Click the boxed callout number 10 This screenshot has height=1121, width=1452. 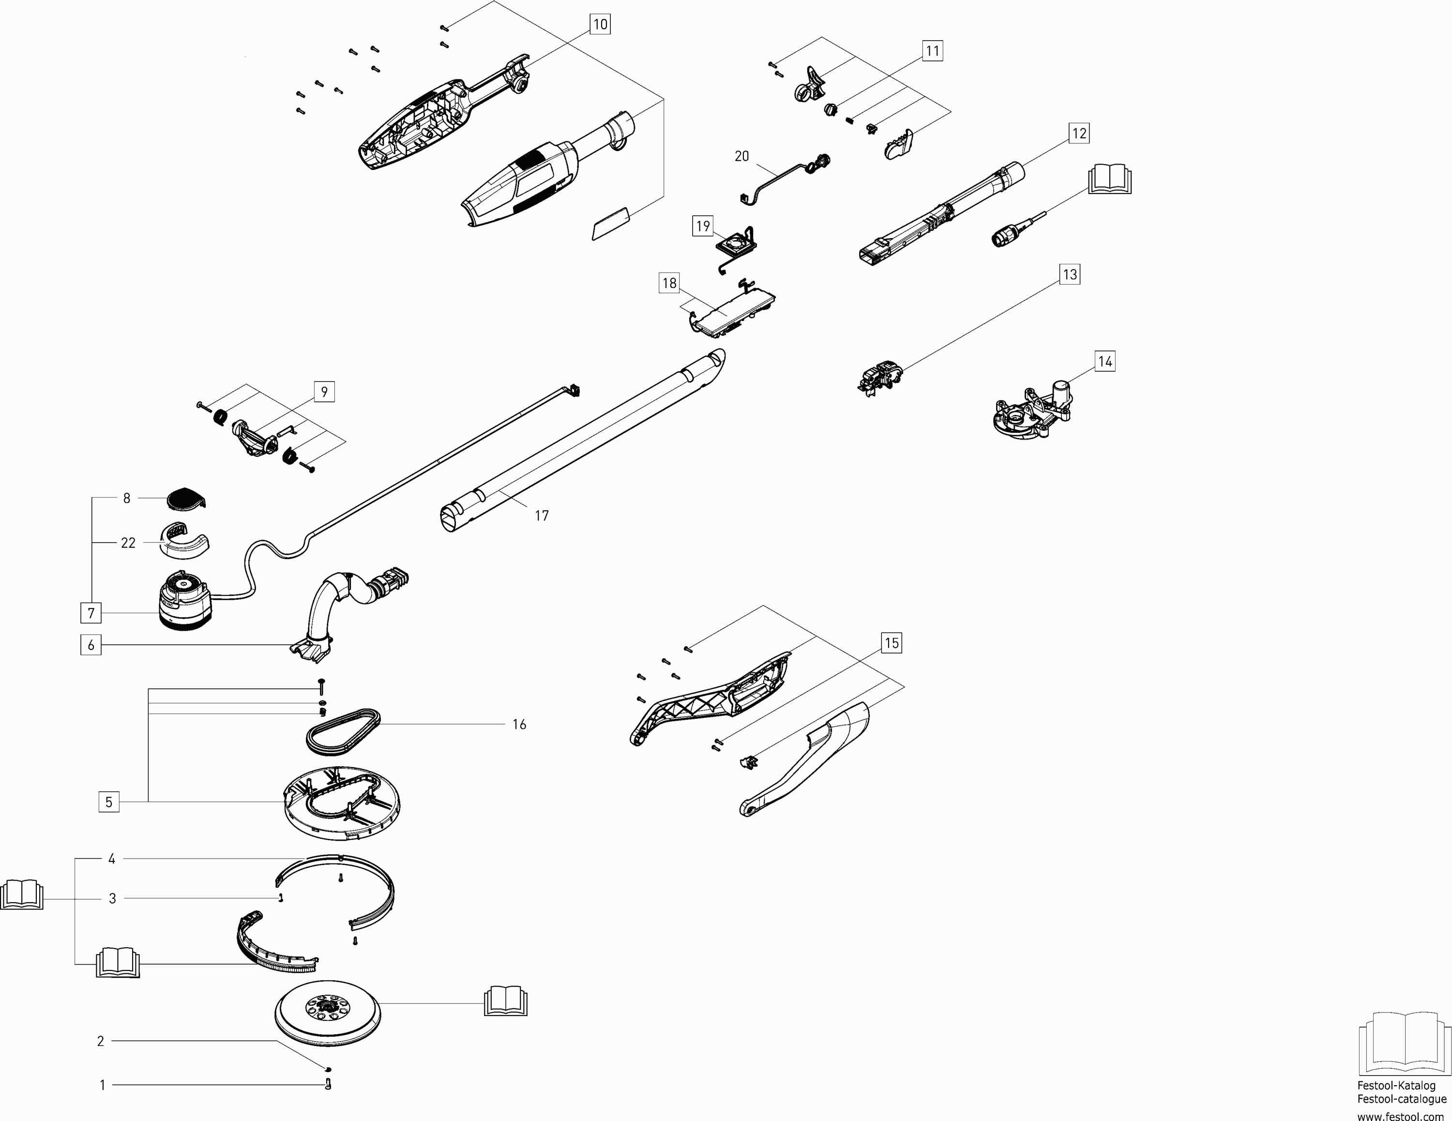point(600,25)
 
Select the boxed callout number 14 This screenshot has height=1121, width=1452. point(1104,362)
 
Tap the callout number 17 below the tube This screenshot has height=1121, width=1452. point(542,515)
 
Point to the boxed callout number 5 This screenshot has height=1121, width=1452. point(109,802)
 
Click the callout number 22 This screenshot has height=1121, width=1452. point(128,543)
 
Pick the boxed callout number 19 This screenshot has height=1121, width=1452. point(703,226)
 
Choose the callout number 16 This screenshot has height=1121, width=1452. point(519,724)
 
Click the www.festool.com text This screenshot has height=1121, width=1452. point(1401,1116)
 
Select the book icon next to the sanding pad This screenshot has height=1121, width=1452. point(506,1001)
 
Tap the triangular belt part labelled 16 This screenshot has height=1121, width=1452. point(343,731)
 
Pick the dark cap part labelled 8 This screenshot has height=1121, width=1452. point(187,499)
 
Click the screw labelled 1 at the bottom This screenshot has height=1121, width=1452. point(327,1084)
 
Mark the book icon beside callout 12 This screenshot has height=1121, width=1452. point(1110,179)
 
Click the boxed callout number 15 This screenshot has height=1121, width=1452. point(892,643)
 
